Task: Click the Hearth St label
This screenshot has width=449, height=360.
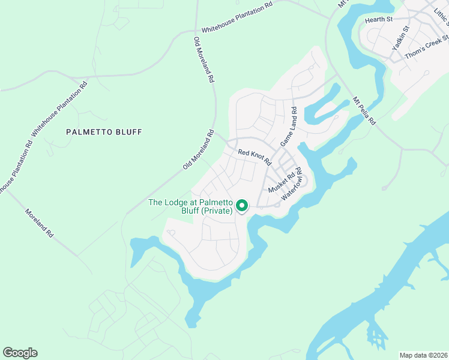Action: (378, 20)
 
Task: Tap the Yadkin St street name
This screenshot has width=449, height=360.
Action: (400, 38)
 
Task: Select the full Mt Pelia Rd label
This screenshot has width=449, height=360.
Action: (364, 111)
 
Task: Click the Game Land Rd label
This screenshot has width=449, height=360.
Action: (289, 127)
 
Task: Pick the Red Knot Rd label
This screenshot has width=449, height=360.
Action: (255, 157)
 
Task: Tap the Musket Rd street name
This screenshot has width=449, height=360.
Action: (282, 181)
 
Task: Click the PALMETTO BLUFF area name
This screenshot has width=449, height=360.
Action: (104, 131)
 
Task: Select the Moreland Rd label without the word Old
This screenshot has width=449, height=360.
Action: (39, 223)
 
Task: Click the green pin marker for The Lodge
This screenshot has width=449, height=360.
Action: (242, 206)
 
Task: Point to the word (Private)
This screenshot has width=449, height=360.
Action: (217, 211)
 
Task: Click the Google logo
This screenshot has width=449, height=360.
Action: (20, 353)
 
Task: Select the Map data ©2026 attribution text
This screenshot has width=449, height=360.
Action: (423, 355)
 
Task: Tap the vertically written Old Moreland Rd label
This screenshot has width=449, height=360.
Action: (203, 59)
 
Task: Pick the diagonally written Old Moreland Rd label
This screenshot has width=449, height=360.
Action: (199, 150)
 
